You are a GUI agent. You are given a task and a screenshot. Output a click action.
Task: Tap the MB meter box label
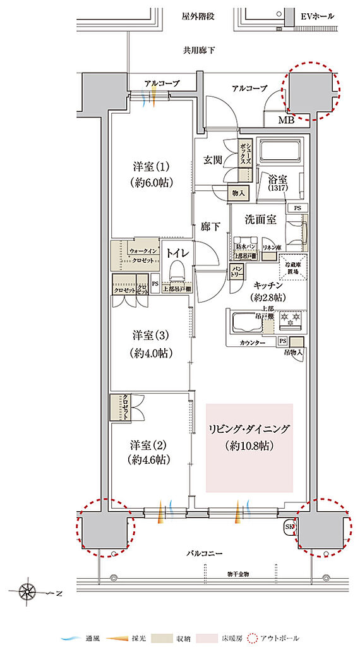pyautogui.click(x=286, y=120)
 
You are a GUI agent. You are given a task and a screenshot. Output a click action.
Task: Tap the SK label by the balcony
pyautogui.click(x=291, y=526)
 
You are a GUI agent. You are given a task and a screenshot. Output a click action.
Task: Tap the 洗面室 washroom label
pyautogui.click(x=261, y=219)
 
